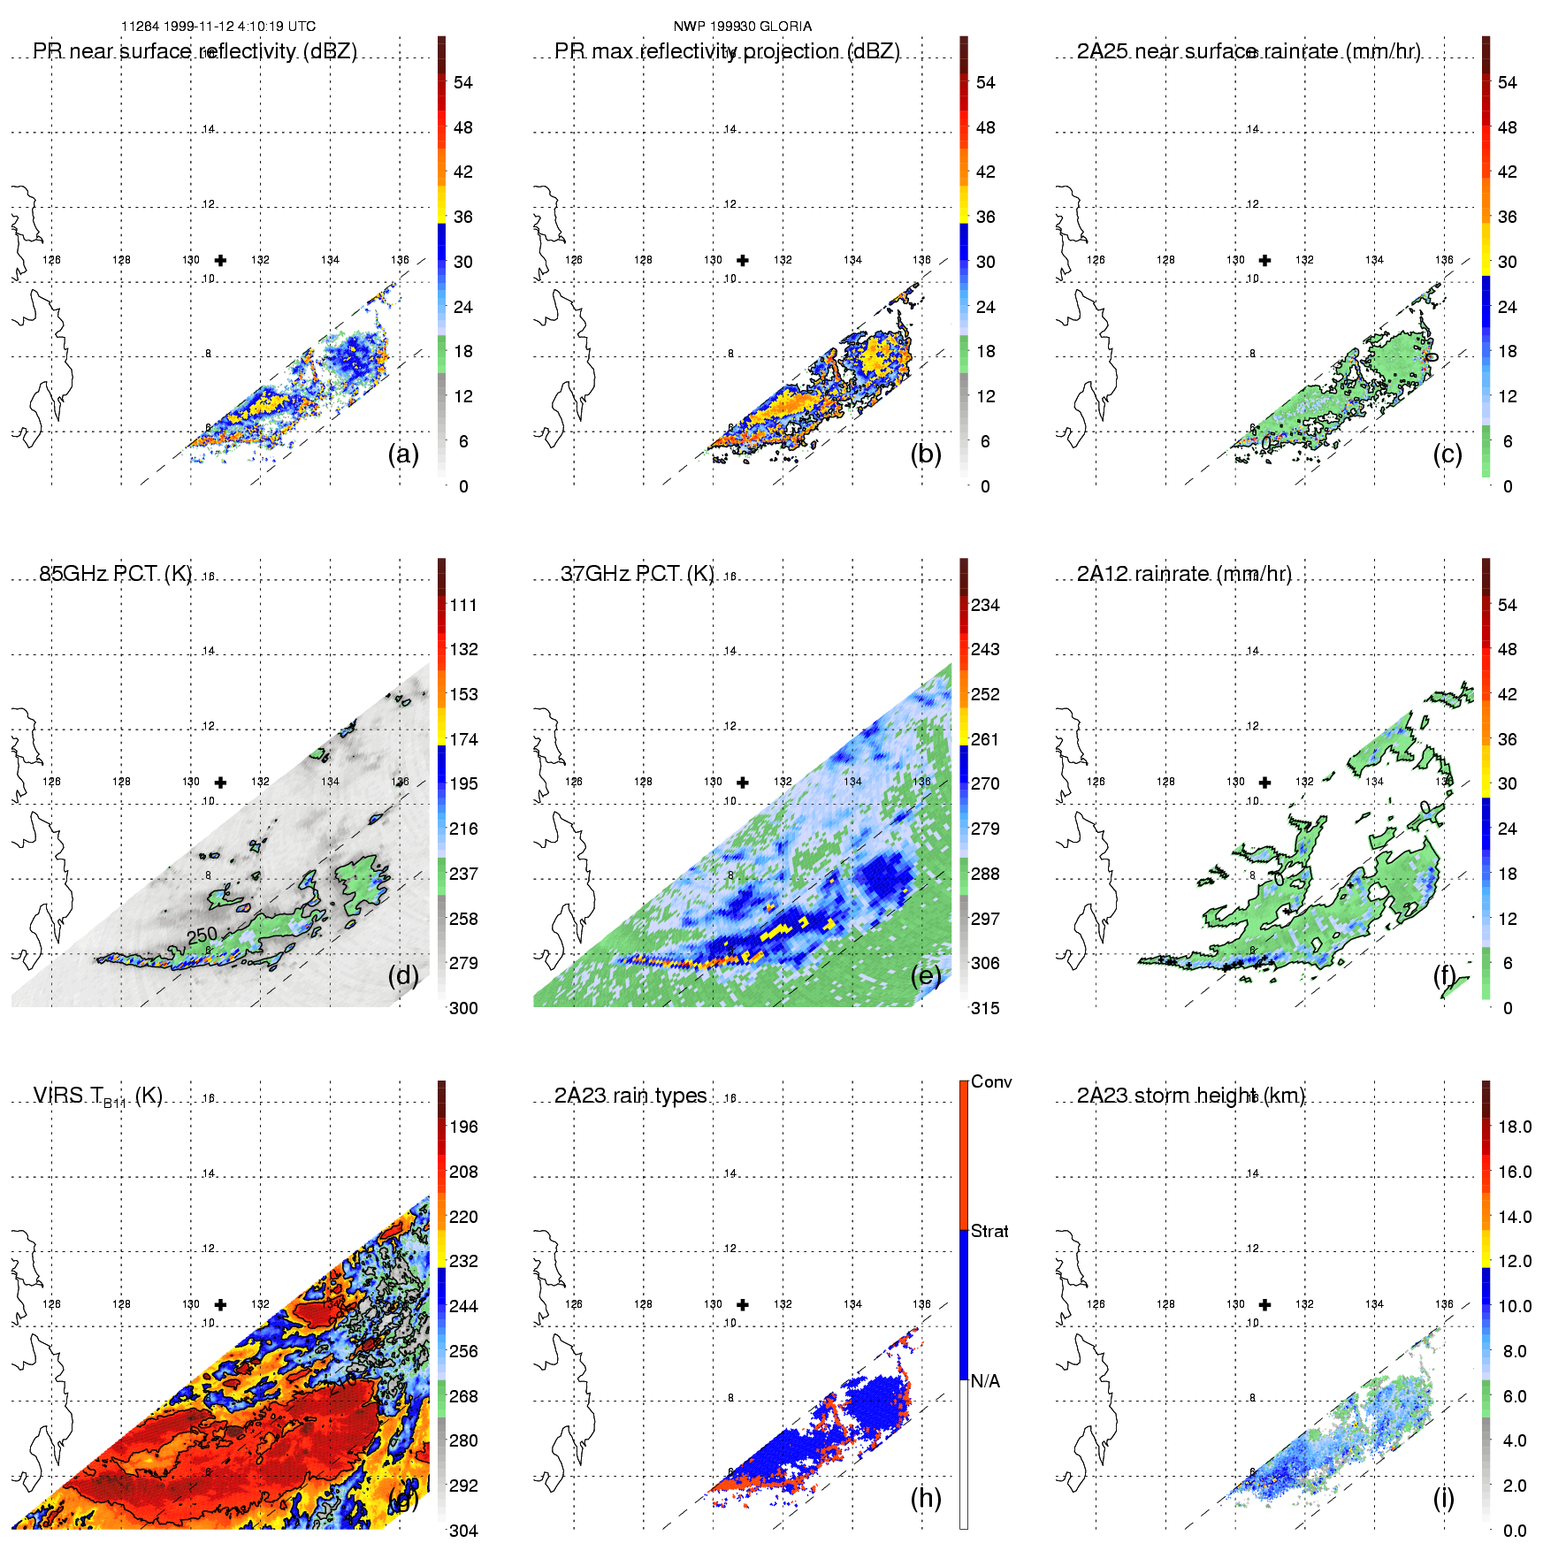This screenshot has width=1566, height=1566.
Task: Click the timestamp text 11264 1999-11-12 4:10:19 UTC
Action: pyautogui.click(x=218, y=27)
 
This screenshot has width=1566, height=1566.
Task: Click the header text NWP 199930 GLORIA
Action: pyautogui.click(x=743, y=27)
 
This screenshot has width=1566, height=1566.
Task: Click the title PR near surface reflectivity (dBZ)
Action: pyautogui.click(x=195, y=51)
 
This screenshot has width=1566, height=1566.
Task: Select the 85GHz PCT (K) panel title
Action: pyautogui.click(x=116, y=574)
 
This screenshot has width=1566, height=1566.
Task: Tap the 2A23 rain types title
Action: pyautogui.click(x=630, y=1096)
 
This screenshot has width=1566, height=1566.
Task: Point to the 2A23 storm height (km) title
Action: pyautogui.click(x=1191, y=1096)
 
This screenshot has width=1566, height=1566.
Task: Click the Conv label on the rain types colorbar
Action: pyautogui.click(x=991, y=1081)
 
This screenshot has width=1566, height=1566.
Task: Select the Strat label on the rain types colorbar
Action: pyautogui.click(x=989, y=1231)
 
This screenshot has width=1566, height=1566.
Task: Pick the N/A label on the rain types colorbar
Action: pyautogui.click(x=985, y=1381)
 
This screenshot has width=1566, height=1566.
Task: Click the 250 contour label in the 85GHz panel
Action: pyautogui.click(x=202, y=935)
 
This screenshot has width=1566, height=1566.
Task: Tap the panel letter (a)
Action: pyautogui.click(x=403, y=454)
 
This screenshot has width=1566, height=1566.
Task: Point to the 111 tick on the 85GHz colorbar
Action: pyautogui.click(x=463, y=605)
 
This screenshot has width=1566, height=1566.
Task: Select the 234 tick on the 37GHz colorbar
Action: pyautogui.click(x=985, y=605)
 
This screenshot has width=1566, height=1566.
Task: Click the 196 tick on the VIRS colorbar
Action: pyautogui.click(x=463, y=1127)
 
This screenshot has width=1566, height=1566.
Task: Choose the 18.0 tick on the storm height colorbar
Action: pyautogui.click(x=1515, y=1127)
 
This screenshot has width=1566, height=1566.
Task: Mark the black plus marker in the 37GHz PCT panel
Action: pyautogui.click(x=743, y=783)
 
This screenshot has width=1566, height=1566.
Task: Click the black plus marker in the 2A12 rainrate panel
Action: pyautogui.click(x=1265, y=783)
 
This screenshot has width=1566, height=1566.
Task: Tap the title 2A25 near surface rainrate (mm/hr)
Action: pyautogui.click(x=1249, y=51)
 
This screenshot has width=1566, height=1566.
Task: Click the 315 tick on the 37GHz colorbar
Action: pyautogui.click(x=985, y=1008)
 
